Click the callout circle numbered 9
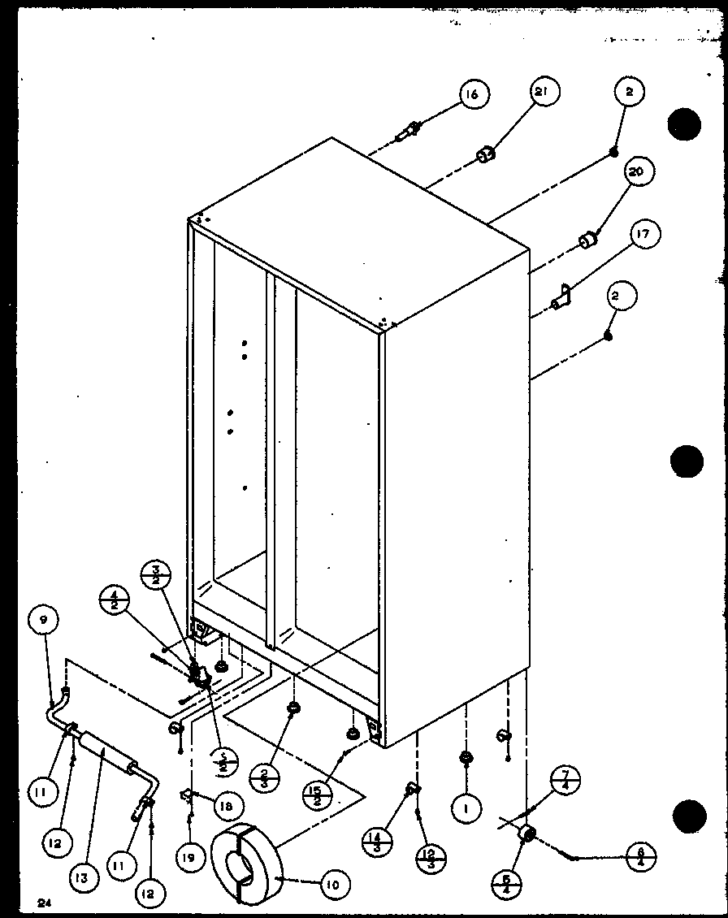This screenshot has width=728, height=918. click(43, 621)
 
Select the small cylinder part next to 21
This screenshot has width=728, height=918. click(486, 154)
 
